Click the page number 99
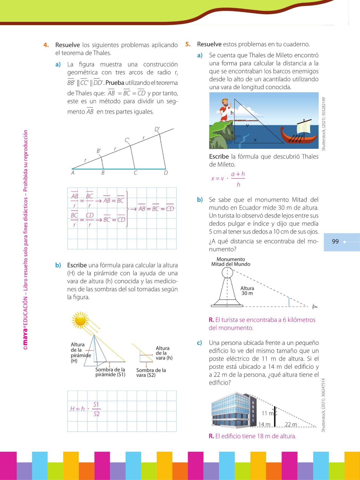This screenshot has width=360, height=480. pyautogui.click(x=335, y=242)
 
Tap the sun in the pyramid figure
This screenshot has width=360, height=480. pyautogui.click(x=80, y=320)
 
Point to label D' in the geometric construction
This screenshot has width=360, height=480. pyautogui.click(x=157, y=129)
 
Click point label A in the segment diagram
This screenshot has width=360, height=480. pyautogui.click(x=73, y=173)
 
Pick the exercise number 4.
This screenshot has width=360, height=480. pyautogui.click(x=46, y=45)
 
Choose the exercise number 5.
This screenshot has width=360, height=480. pyautogui.click(x=188, y=44)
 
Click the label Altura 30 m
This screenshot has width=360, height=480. pyautogui.click(x=247, y=291)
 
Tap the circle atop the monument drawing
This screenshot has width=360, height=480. pyautogui.click(x=227, y=273)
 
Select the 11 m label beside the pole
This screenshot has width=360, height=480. pyautogui.click(x=267, y=413)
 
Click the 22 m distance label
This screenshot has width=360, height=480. pyautogui.click(x=291, y=424)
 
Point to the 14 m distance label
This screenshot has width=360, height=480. pyautogui.click(x=264, y=424)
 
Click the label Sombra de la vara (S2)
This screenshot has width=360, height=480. pyautogui.click(x=151, y=373)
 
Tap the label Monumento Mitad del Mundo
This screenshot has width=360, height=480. pyautogui.click(x=231, y=262)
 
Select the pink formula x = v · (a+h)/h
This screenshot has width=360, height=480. pyautogui.click(x=228, y=179)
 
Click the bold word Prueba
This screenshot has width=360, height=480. pyautogui.click(x=115, y=83)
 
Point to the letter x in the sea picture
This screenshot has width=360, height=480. pyautogui.click(x=255, y=140)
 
